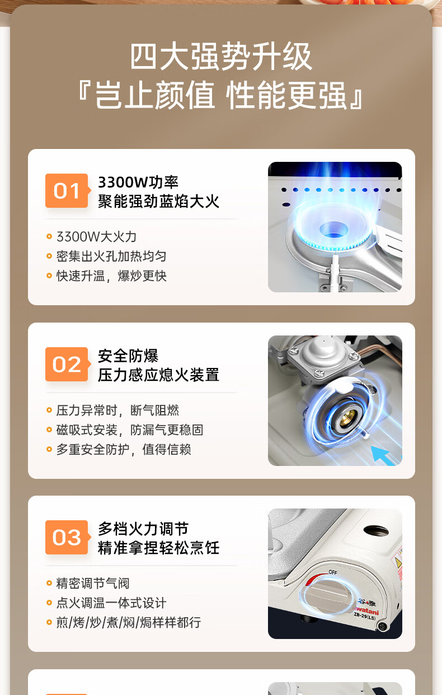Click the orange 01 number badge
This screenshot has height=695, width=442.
click(x=67, y=191)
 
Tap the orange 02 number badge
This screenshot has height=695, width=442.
click(x=67, y=365)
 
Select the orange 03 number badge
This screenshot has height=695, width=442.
click(x=67, y=538)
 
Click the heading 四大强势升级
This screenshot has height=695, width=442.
click(x=221, y=57)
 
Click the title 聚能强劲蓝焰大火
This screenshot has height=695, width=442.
click(x=158, y=201)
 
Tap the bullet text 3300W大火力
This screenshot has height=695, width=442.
click(x=96, y=237)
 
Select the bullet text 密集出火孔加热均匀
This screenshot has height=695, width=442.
click(x=111, y=256)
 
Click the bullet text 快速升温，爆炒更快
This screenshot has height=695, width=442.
click(x=111, y=276)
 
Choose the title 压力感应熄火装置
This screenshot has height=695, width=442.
click(x=158, y=375)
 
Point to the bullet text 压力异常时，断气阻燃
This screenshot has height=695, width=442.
click(x=117, y=411)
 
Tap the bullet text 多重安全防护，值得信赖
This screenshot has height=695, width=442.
click(x=124, y=450)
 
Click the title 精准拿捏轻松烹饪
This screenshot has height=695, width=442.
click(x=158, y=548)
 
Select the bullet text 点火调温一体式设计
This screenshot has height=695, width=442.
click(x=111, y=603)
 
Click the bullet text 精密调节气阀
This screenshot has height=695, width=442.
click(x=93, y=584)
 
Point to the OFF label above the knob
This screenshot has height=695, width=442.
click(x=333, y=572)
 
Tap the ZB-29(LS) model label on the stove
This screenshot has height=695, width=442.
click(x=365, y=615)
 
